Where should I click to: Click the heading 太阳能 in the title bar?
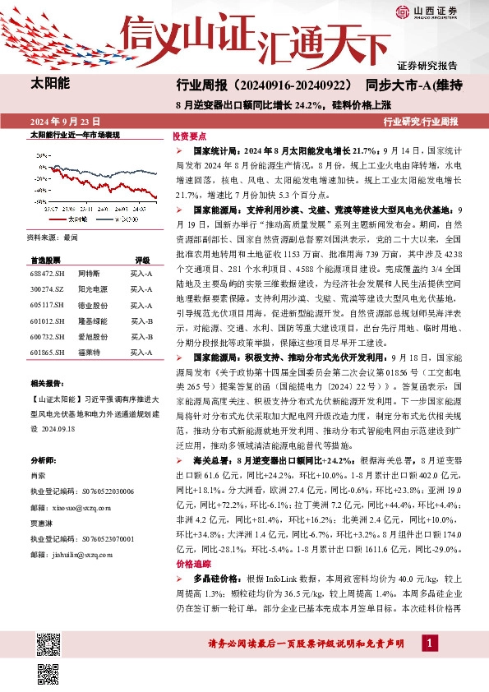50,83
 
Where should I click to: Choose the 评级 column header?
142,258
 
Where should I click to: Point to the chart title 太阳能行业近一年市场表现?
75,135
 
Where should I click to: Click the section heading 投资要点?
189,137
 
